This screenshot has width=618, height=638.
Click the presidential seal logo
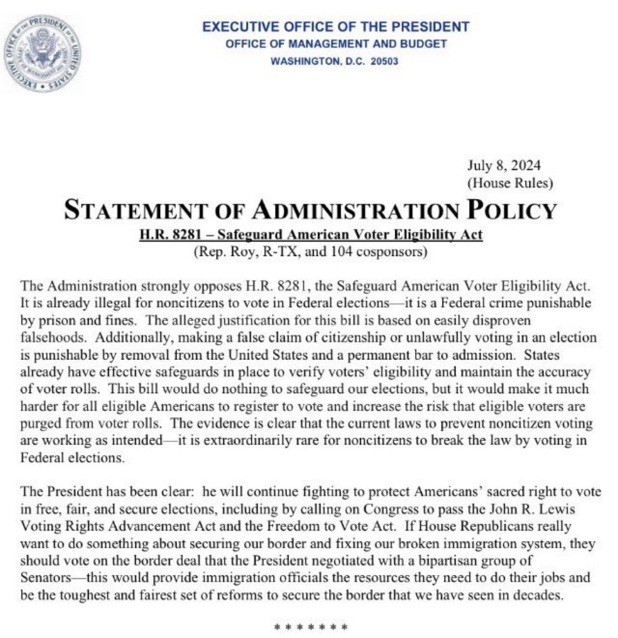click(42, 54)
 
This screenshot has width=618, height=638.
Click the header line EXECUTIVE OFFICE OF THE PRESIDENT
click(335, 27)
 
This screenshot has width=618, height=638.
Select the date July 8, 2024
click(503, 166)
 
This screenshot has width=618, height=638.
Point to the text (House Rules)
click(509, 183)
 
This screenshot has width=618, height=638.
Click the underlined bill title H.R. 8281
click(166, 234)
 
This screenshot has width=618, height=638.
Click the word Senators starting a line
click(45, 577)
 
